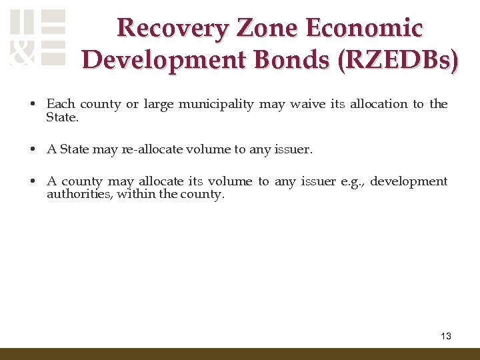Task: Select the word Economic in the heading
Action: pyautogui.click(x=364, y=28)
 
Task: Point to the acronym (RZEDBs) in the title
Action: pyautogui.click(x=399, y=59)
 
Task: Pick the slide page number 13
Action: pyautogui.click(x=446, y=336)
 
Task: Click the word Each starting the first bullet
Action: pyautogui.click(x=60, y=104)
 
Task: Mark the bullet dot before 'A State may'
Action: pyautogui.click(x=32, y=149)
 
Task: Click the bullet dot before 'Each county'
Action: pyautogui.click(x=32, y=105)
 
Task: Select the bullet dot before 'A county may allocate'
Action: pyautogui.click(x=32, y=181)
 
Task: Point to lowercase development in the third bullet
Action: pyautogui.click(x=409, y=181)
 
